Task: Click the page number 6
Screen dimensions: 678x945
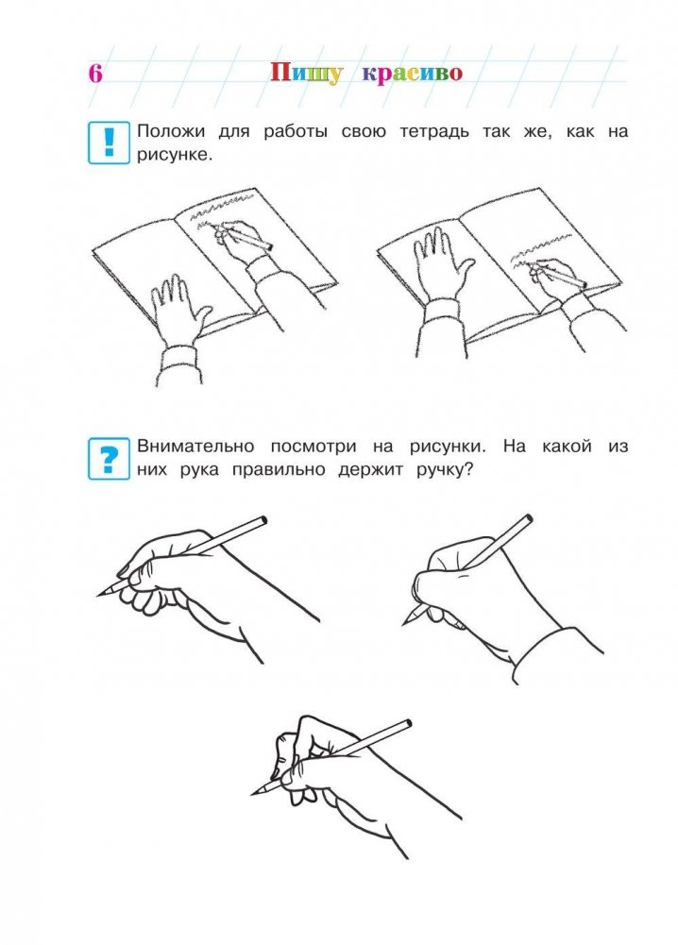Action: [95, 74]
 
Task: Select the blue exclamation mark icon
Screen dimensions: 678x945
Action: [110, 143]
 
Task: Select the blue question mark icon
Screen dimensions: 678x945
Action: [110, 459]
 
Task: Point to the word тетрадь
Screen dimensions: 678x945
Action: [434, 131]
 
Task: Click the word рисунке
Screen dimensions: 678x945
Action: [175, 155]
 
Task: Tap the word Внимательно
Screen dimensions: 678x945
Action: [195, 447]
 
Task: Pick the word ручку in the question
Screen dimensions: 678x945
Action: [442, 471]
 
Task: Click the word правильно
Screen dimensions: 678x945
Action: [279, 470]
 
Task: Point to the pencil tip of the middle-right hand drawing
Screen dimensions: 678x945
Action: [404, 623]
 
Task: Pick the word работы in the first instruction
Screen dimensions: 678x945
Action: [296, 132]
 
